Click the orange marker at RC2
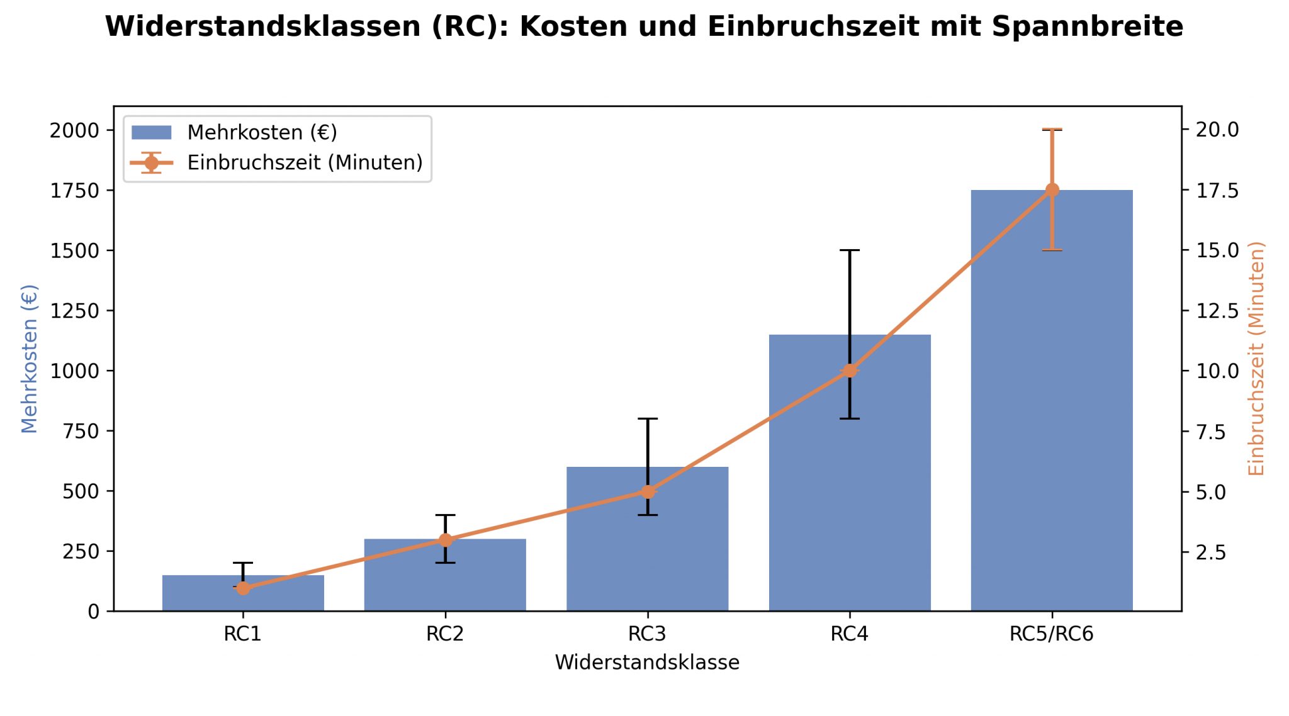pyautogui.click(x=446, y=540)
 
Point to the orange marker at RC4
pyautogui.click(x=850, y=371)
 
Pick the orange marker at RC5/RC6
pyautogui.click(x=1052, y=190)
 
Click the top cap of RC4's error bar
pyautogui.click(x=850, y=250)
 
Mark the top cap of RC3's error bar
pyautogui.click(x=648, y=418)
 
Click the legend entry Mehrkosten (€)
pyautogui.click(x=262, y=133)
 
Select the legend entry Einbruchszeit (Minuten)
pyautogui.click(x=305, y=163)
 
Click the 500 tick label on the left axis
pyautogui.click(x=81, y=491)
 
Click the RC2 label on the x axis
pyautogui.click(x=445, y=634)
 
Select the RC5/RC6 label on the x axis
pyautogui.click(x=1052, y=634)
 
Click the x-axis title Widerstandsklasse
pyautogui.click(x=647, y=663)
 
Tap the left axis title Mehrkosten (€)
pyautogui.click(x=30, y=359)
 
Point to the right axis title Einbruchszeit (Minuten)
pyautogui.click(x=1256, y=359)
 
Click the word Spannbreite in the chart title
pyautogui.click(x=1087, y=27)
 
